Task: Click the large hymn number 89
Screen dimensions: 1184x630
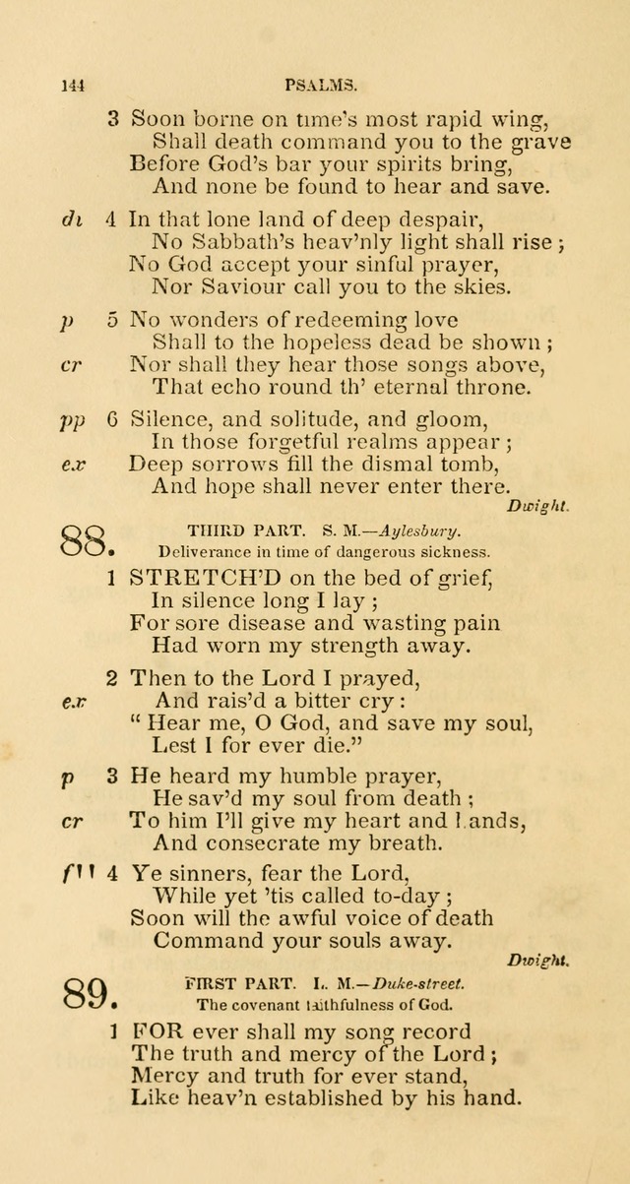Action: (x=88, y=995)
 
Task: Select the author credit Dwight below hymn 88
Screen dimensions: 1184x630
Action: (x=536, y=959)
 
